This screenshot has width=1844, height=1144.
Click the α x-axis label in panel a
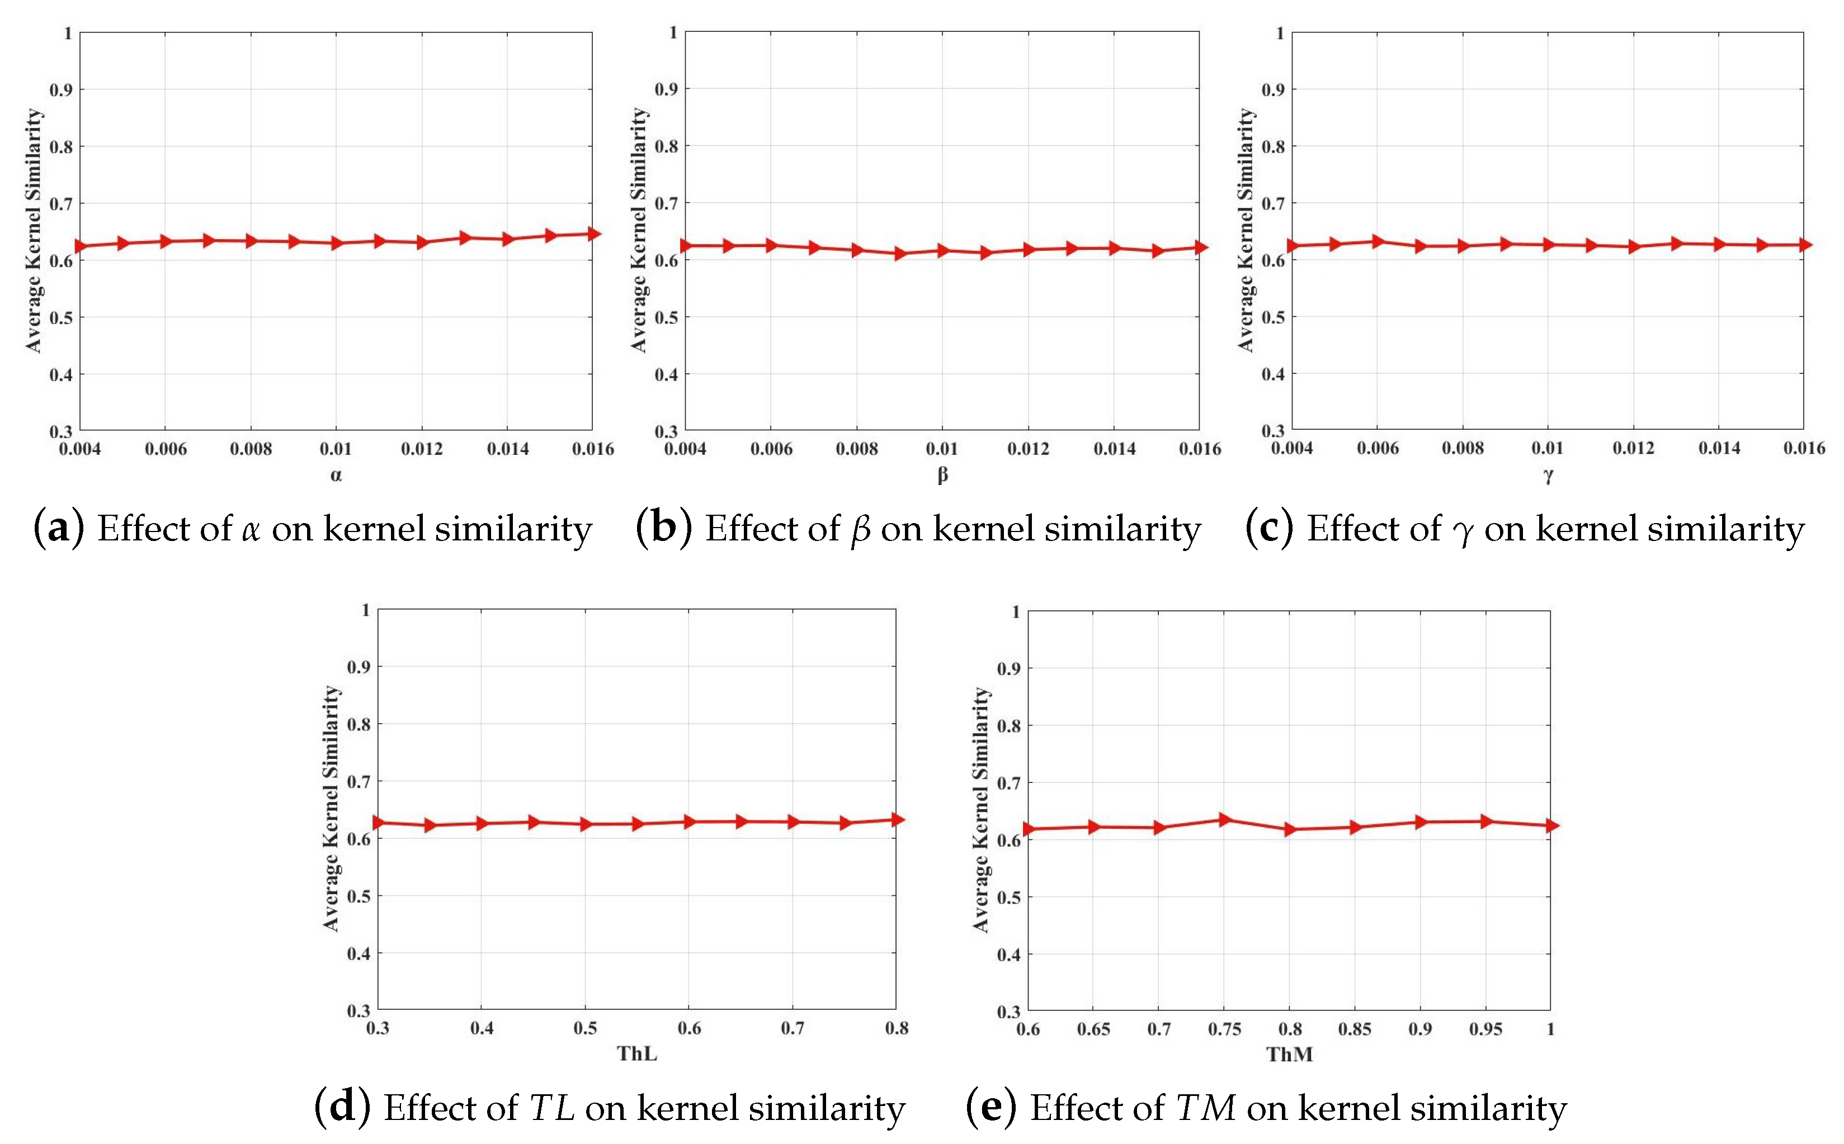336,475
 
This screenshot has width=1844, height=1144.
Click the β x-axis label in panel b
942,475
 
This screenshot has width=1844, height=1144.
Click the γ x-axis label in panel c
1548,475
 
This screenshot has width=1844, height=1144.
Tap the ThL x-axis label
636,1053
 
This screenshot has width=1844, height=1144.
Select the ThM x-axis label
1290,1054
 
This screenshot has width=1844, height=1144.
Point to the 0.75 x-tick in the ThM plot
1224,1029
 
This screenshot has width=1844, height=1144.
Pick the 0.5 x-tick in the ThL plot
585,1028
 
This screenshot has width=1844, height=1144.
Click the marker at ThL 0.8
897,819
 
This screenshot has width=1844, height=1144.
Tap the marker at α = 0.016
593,234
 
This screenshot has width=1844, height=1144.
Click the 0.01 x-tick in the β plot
942,449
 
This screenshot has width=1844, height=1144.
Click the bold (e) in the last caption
991,1108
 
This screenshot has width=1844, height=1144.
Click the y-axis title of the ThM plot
980,810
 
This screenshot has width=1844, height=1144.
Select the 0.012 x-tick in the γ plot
1633,448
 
